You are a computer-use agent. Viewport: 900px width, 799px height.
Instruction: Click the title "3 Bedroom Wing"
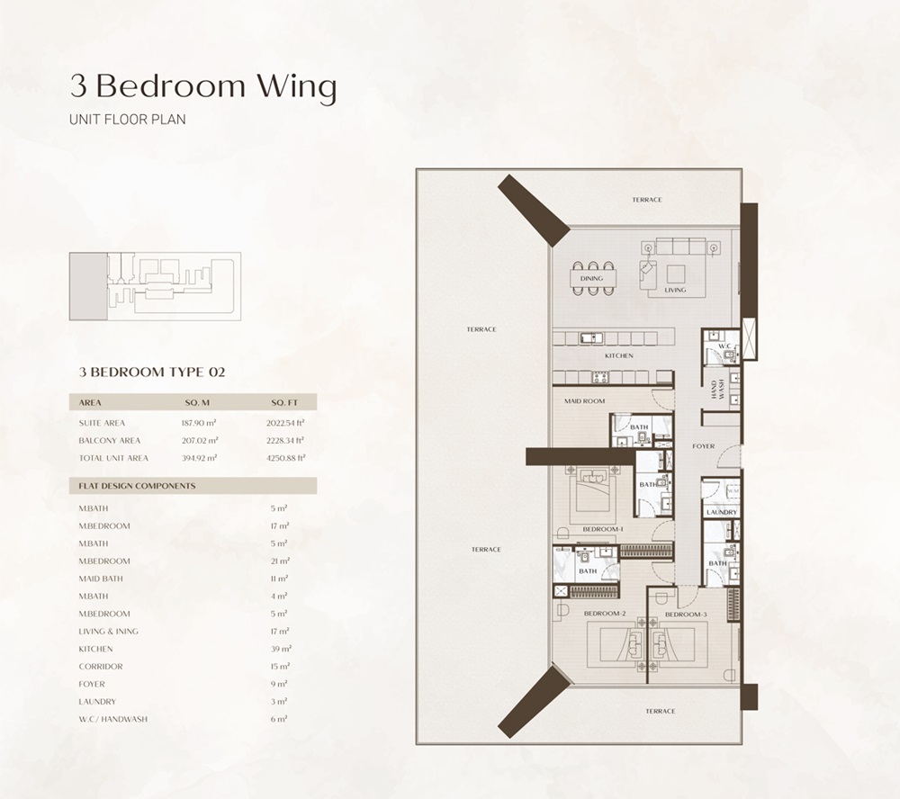203,86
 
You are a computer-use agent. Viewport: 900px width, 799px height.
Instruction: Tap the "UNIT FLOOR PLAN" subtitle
128,119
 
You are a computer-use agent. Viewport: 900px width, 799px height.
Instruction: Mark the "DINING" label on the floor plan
591,279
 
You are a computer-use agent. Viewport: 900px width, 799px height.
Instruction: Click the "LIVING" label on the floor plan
675,290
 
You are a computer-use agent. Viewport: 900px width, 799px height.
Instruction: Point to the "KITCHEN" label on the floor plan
618,356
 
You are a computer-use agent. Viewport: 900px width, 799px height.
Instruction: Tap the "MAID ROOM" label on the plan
584,401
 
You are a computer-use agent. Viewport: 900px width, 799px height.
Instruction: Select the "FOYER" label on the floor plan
703,446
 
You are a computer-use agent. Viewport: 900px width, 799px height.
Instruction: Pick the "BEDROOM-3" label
686,614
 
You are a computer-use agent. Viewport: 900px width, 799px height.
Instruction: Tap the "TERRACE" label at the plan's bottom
659,711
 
